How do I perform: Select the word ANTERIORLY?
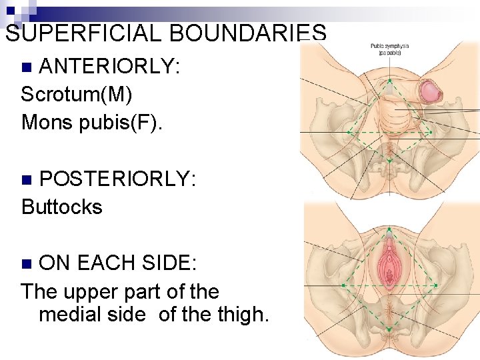click(x=109, y=66)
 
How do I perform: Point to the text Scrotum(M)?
click(x=77, y=94)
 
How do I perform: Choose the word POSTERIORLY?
click(x=117, y=179)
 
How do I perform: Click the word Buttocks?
click(x=62, y=207)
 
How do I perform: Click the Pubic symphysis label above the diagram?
click(x=389, y=49)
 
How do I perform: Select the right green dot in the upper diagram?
click(x=431, y=131)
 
